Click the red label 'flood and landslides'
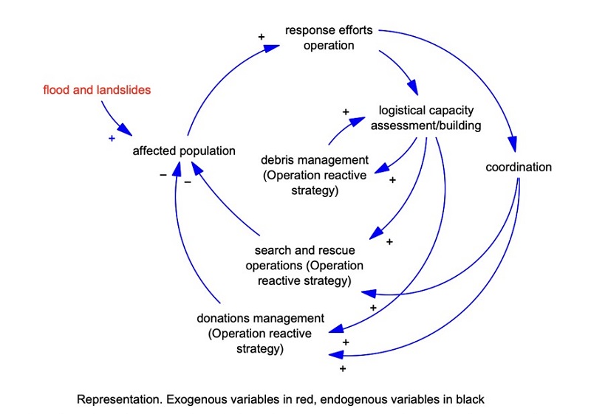tap(97, 91)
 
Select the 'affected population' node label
tap(184, 151)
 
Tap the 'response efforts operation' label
tap(329, 38)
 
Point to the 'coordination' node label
tap(519, 167)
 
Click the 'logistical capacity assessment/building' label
tap(430, 117)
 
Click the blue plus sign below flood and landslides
tap(112, 139)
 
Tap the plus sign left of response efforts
tap(260, 35)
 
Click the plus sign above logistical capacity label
tap(345, 111)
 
